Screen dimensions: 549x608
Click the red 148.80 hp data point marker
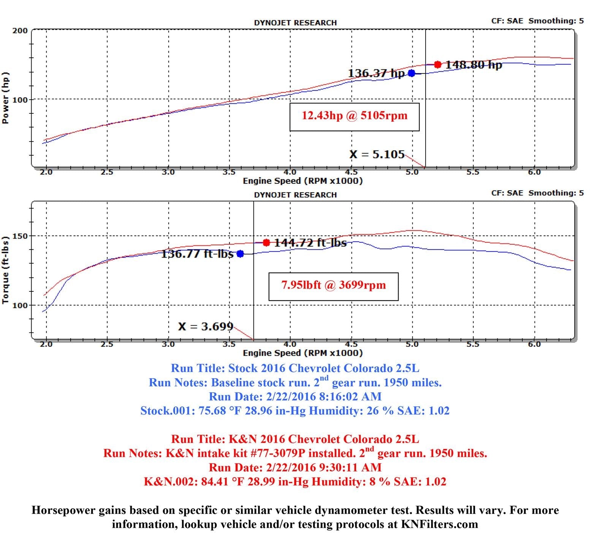(438, 65)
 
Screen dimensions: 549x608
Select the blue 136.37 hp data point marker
(412, 73)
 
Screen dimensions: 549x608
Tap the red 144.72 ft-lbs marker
(266, 242)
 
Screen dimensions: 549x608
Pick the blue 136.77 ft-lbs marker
(240, 254)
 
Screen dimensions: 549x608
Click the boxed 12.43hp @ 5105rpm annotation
(354, 116)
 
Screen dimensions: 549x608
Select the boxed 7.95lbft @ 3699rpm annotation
(333, 285)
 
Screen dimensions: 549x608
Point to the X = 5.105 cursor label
(377, 154)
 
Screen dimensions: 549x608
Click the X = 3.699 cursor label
(206, 327)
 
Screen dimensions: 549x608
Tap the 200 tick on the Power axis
(20, 30)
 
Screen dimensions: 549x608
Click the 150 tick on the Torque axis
(20, 236)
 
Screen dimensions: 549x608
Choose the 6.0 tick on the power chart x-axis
(534, 172)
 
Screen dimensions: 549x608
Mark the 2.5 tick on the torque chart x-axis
(107, 344)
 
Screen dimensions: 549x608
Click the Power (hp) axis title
(5, 98)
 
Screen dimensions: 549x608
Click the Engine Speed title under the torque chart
(302, 353)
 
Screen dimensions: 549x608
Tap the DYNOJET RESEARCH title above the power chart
(295, 23)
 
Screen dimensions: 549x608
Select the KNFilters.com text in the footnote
(439, 524)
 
